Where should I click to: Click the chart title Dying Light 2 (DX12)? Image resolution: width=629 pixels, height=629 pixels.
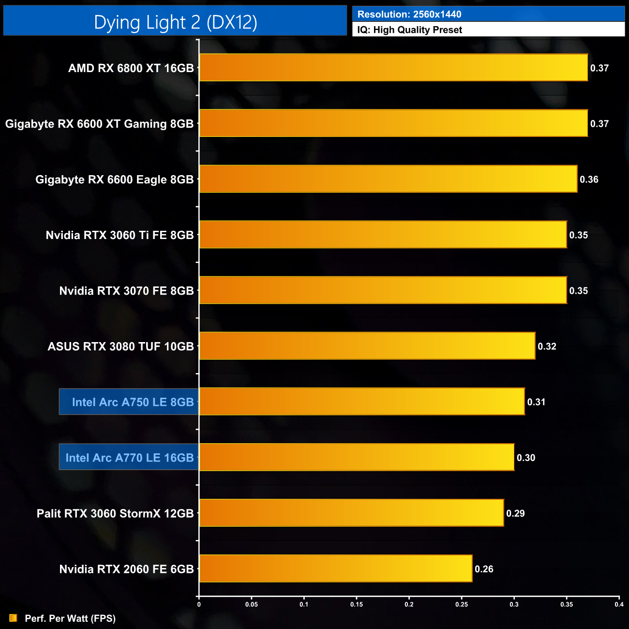click(175, 22)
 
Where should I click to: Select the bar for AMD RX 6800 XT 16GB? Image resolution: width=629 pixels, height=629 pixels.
click(393, 68)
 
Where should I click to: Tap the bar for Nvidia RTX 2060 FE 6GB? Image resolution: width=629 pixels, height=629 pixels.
click(336, 569)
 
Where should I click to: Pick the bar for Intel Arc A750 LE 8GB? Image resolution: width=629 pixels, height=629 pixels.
click(362, 402)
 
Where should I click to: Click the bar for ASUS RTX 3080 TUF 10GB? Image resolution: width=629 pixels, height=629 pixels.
click(367, 346)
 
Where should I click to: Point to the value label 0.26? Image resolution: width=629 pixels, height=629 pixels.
click(484, 569)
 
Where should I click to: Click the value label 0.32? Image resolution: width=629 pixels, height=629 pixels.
click(547, 346)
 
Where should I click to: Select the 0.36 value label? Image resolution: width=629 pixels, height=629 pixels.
click(589, 180)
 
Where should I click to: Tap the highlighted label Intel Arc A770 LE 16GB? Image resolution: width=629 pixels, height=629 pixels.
click(129, 457)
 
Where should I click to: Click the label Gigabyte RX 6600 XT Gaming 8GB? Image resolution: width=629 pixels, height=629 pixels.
click(99, 124)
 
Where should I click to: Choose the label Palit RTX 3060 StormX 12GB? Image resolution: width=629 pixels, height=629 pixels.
click(115, 513)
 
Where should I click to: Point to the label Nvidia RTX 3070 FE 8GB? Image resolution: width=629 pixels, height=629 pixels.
click(126, 291)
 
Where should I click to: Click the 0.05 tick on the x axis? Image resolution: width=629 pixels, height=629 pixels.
click(251, 604)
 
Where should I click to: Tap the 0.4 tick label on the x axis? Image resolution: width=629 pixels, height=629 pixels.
click(619, 604)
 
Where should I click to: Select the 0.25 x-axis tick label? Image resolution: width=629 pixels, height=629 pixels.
click(462, 604)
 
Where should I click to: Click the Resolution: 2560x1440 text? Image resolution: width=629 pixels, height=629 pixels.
click(409, 15)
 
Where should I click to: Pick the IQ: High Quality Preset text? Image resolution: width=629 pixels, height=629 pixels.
click(409, 30)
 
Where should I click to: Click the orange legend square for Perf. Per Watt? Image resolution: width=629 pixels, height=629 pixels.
click(13, 618)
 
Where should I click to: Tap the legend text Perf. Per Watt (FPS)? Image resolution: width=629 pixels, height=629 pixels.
click(70, 618)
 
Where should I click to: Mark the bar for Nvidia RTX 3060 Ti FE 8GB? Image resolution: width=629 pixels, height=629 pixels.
click(383, 235)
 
